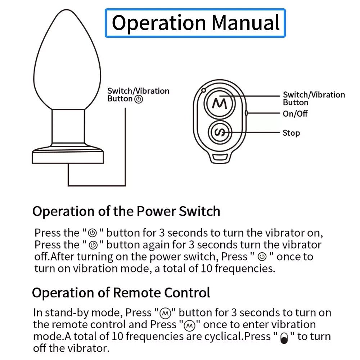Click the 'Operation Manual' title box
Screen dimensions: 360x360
(x=195, y=23)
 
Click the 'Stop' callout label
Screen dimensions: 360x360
(x=291, y=133)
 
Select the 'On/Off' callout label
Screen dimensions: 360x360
(x=295, y=114)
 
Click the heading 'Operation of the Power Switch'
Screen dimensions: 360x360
(x=126, y=211)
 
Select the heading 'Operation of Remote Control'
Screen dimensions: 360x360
(x=121, y=293)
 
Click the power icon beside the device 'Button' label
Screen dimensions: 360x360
(x=138, y=99)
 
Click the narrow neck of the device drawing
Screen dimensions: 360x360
(x=68, y=126)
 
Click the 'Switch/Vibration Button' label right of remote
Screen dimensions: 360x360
(x=314, y=99)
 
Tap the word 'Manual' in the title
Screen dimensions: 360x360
(x=246, y=23)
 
